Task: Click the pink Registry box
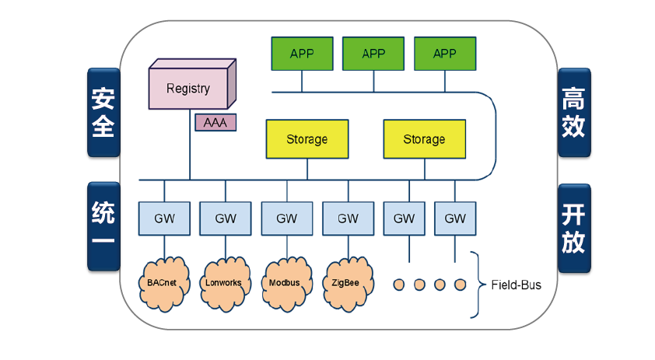189,88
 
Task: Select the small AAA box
215,123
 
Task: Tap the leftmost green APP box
302,53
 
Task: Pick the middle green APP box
373,53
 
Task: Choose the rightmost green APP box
445,53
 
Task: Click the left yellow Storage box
306,139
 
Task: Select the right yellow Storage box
424,139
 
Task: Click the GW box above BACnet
163,218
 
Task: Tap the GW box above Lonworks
225,218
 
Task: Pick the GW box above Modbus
286,218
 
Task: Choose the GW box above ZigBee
348,218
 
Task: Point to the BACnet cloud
163,282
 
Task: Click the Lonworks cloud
225,282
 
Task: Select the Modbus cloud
286,282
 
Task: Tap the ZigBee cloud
345,282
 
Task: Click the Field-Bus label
515,285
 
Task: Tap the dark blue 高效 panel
573,114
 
